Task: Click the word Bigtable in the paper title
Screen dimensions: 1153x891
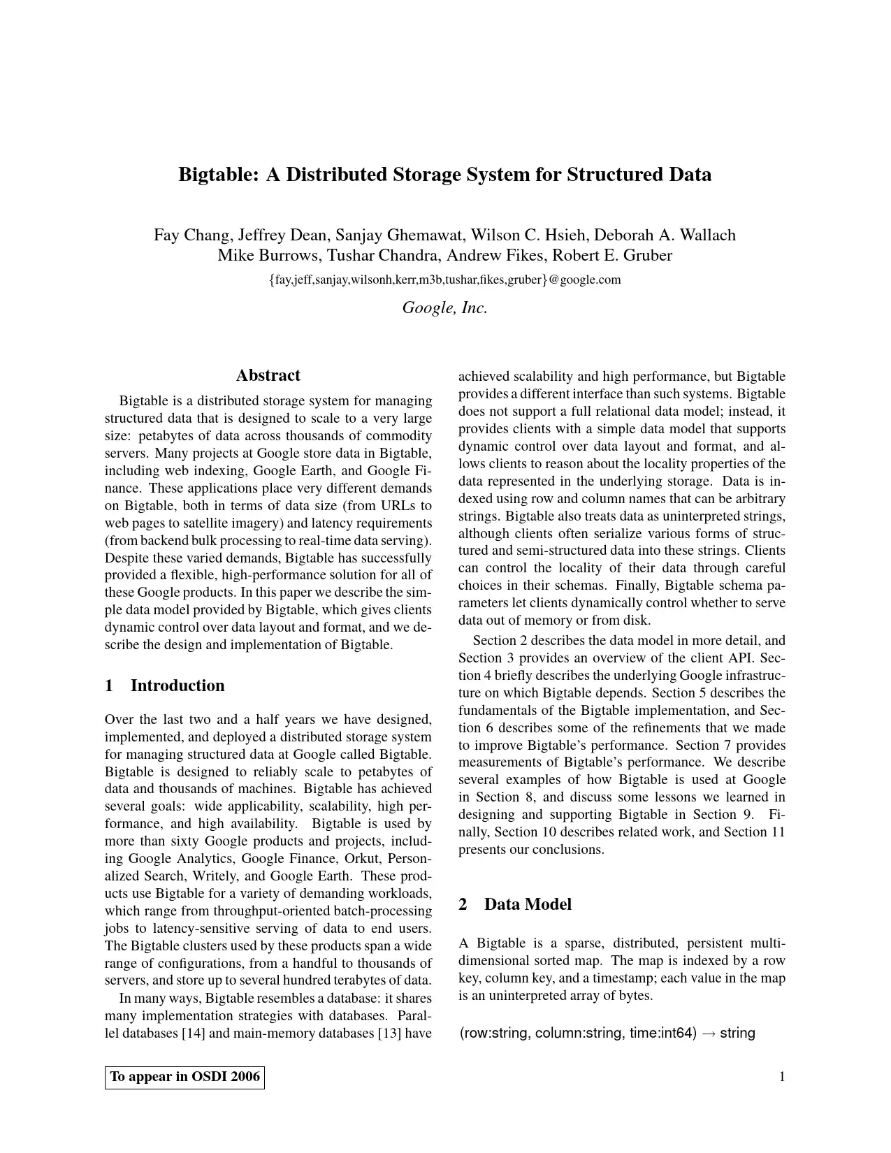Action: (x=217, y=175)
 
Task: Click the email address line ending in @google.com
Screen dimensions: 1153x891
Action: (x=444, y=280)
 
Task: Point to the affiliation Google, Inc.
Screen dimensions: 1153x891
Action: (x=444, y=307)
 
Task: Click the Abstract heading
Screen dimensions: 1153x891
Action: (x=268, y=375)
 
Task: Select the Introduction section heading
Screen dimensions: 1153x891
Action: (x=178, y=686)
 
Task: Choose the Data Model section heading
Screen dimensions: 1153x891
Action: (x=528, y=904)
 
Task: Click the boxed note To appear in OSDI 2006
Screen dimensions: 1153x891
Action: (x=184, y=1077)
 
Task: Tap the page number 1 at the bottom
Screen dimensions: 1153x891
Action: (x=782, y=1077)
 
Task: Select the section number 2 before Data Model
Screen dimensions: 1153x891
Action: (x=463, y=904)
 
